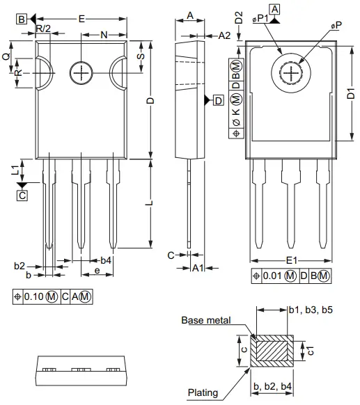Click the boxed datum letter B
22,19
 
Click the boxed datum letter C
22,196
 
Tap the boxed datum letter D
219,101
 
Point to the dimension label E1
292,261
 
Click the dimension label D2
240,19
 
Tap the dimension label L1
15,169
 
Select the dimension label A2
225,35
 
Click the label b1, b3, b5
311,310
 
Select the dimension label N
104,34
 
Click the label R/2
43,29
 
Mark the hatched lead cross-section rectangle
273,351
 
